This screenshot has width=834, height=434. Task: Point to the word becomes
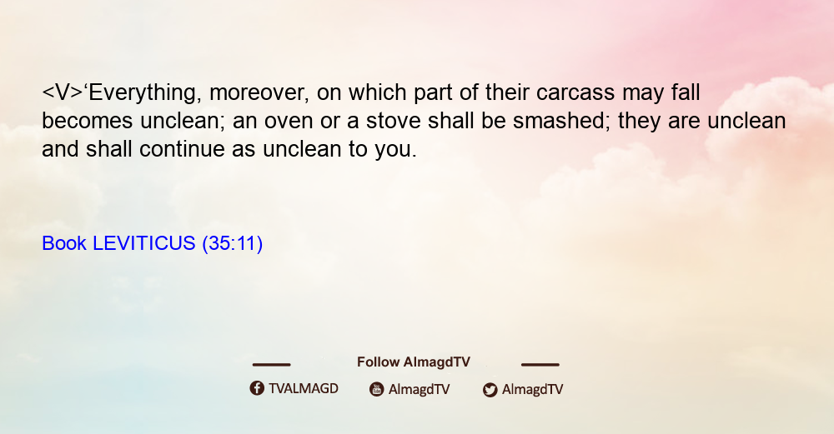point(88,121)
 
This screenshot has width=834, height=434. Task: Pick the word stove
point(393,121)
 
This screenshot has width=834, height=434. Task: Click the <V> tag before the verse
point(63,93)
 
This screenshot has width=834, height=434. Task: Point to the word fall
point(686,92)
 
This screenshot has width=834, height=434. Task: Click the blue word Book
point(64,243)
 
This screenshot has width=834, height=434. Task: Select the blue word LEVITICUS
point(144,243)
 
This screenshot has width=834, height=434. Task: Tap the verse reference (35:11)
point(233,244)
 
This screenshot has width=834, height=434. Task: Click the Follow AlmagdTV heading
point(414,362)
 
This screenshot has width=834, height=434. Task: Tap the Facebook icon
point(257,388)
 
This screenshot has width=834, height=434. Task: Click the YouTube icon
point(377,389)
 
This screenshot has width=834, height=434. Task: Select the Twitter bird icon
point(490,390)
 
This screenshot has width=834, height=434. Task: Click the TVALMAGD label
point(304,388)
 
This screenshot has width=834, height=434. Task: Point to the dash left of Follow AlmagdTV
point(271,365)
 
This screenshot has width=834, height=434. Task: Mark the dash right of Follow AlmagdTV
point(540,365)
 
